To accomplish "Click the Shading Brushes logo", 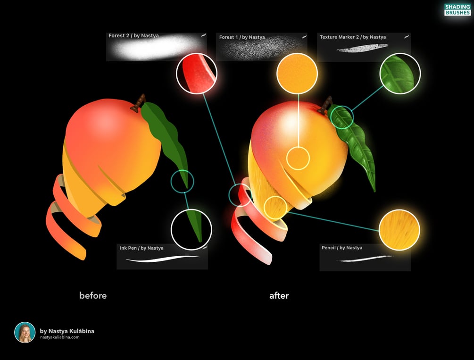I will point(457,9).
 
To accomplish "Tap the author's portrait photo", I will point(25,332).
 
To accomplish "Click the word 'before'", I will point(93,296).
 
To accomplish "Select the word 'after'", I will point(279,296).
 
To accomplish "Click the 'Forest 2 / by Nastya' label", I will point(133,35).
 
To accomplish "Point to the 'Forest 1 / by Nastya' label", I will point(242,37).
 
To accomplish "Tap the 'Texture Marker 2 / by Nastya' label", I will point(352,37).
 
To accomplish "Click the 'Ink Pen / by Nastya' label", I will point(141,248).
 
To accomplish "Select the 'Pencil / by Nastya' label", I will point(342,248).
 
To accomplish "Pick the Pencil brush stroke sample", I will point(363,258).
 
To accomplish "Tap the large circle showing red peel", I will point(197,73).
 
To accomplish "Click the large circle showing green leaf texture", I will point(400,73).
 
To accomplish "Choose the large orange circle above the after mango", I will point(297,73).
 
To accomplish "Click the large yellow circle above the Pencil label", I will point(399,230).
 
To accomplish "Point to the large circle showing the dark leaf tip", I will point(191,229).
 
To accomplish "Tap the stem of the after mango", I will point(326,105).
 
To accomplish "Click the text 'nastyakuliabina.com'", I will point(59,337).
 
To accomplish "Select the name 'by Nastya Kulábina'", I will point(67,331).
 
